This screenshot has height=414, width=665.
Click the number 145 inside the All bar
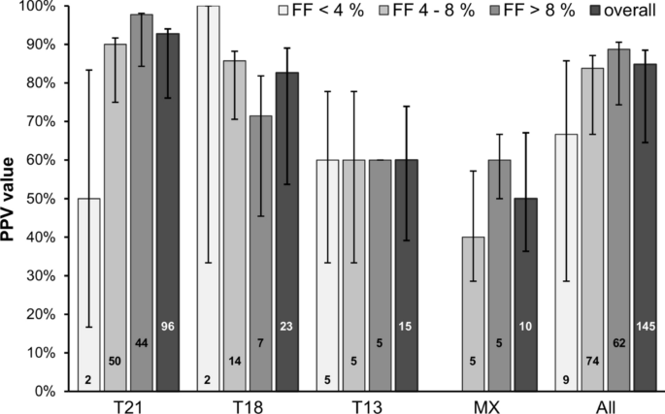click(x=645, y=327)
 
